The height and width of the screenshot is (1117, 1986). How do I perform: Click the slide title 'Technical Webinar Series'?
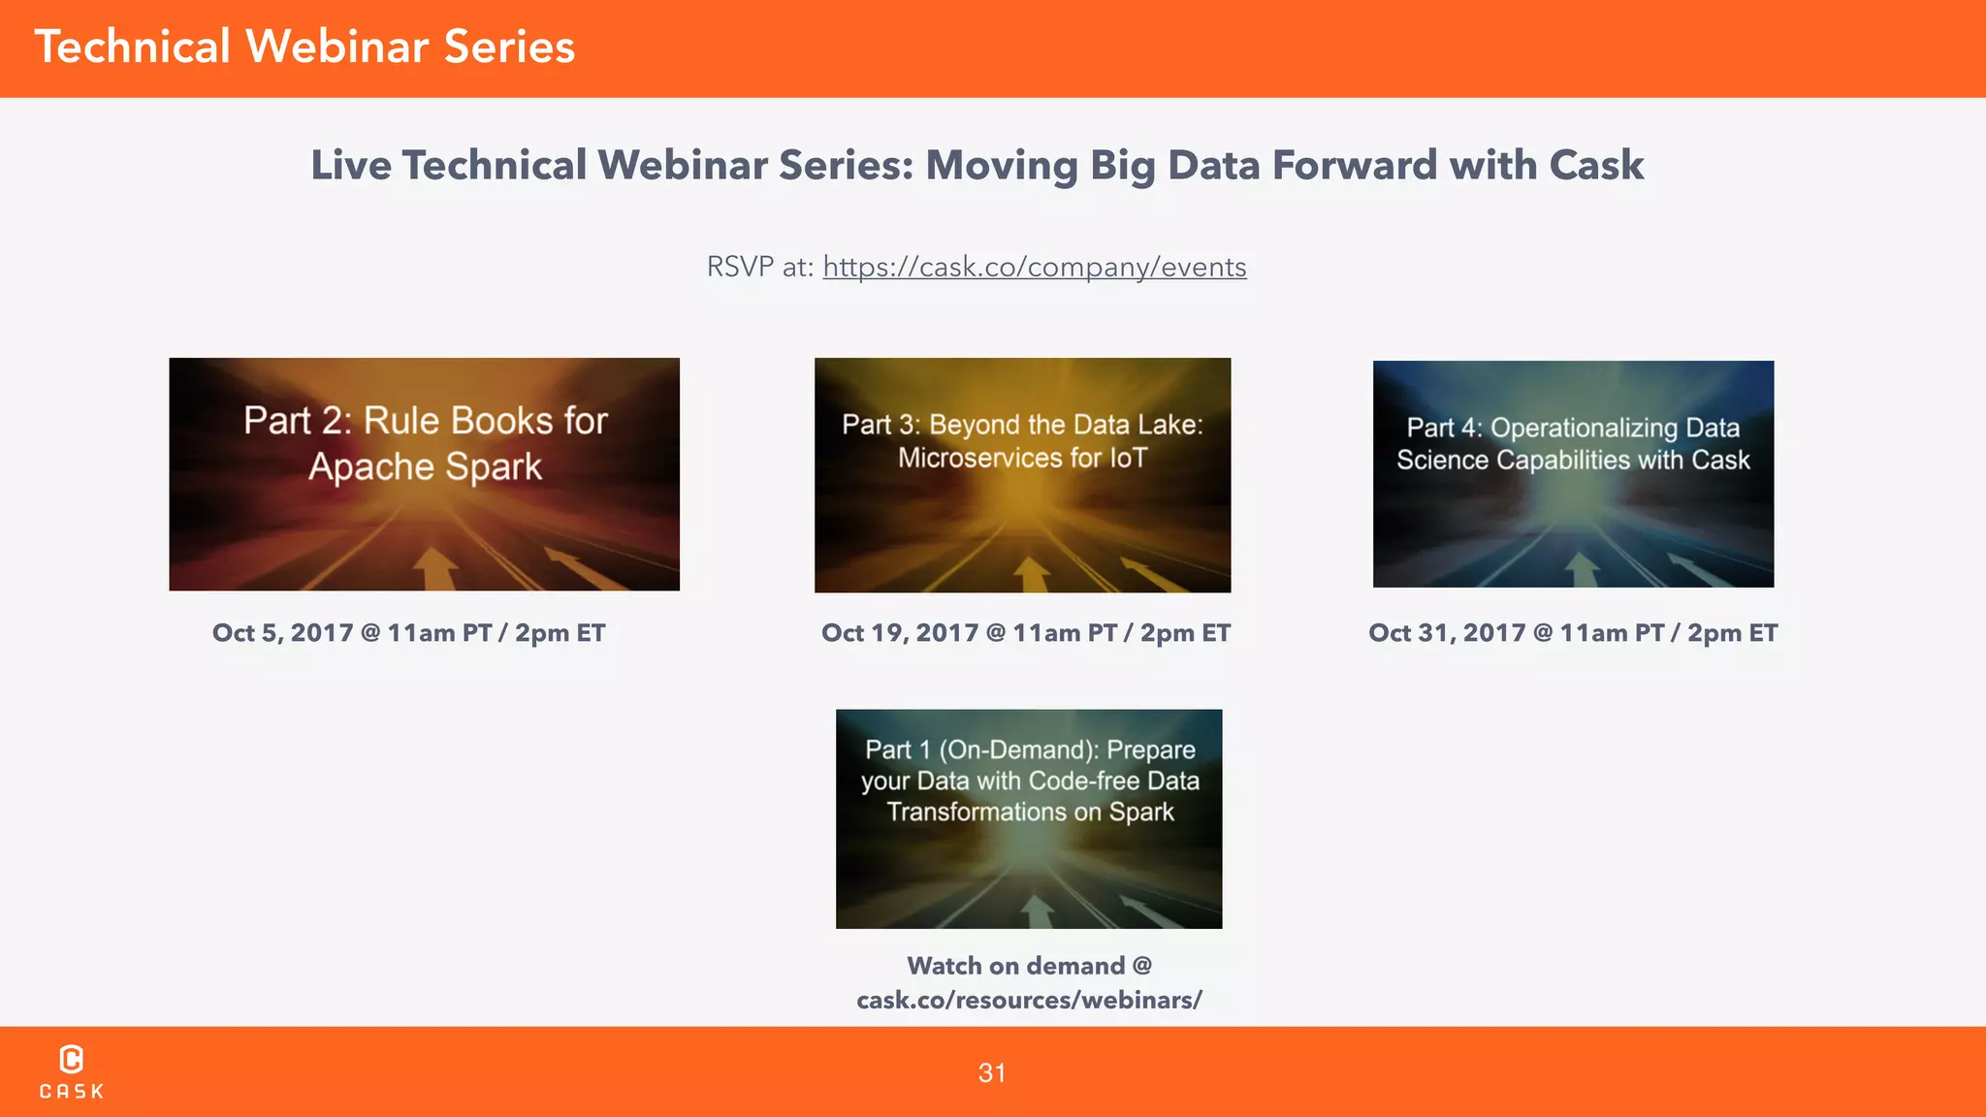(x=304, y=48)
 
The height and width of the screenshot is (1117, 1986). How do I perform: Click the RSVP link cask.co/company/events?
(x=1034, y=267)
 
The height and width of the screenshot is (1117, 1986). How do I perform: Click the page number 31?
(x=992, y=1073)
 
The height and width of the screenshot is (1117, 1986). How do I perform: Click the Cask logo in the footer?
(x=71, y=1071)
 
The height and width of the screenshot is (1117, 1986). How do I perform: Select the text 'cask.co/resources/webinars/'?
(x=1029, y=1000)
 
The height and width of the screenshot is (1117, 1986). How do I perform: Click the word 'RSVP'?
(x=740, y=267)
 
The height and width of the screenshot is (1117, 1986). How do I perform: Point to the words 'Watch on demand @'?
(x=1029, y=966)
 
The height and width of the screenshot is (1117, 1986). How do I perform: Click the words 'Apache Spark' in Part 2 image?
(x=425, y=467)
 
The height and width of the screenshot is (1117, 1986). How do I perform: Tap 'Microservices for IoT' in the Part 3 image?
(x=1022, y=458)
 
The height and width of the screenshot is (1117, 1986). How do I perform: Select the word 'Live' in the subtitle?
(x=351, y=166)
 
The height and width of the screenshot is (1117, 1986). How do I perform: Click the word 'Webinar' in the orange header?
(x=336, y=48)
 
